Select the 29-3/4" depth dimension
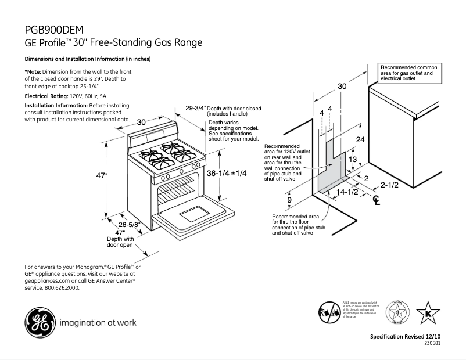coord(196,109)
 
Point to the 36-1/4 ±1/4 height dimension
coord(227,173)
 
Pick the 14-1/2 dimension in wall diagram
coord(347,191)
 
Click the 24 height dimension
coord(360,140)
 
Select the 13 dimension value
coord(352,159)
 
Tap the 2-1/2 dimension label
coord(389,185)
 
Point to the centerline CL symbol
coord(377,201)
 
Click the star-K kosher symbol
coord(428,313)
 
